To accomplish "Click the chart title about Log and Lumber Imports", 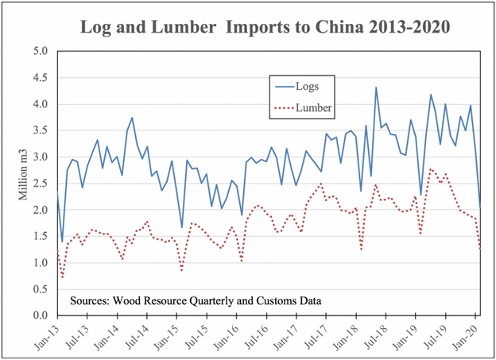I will click(x=265, y=27).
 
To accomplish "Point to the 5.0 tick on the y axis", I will click(x=41, y=51).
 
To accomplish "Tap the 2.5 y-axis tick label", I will click(x=41, y=184).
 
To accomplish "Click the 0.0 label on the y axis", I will click(x=41, y=316).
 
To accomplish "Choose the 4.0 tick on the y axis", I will click(x=41, y=104).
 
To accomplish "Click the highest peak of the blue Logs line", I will click(x=376, y=87).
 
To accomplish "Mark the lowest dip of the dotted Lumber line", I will click(x=63, y=277).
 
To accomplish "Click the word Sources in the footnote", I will click(x=94, y=301).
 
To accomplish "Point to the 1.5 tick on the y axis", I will click(x=41, y=237).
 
